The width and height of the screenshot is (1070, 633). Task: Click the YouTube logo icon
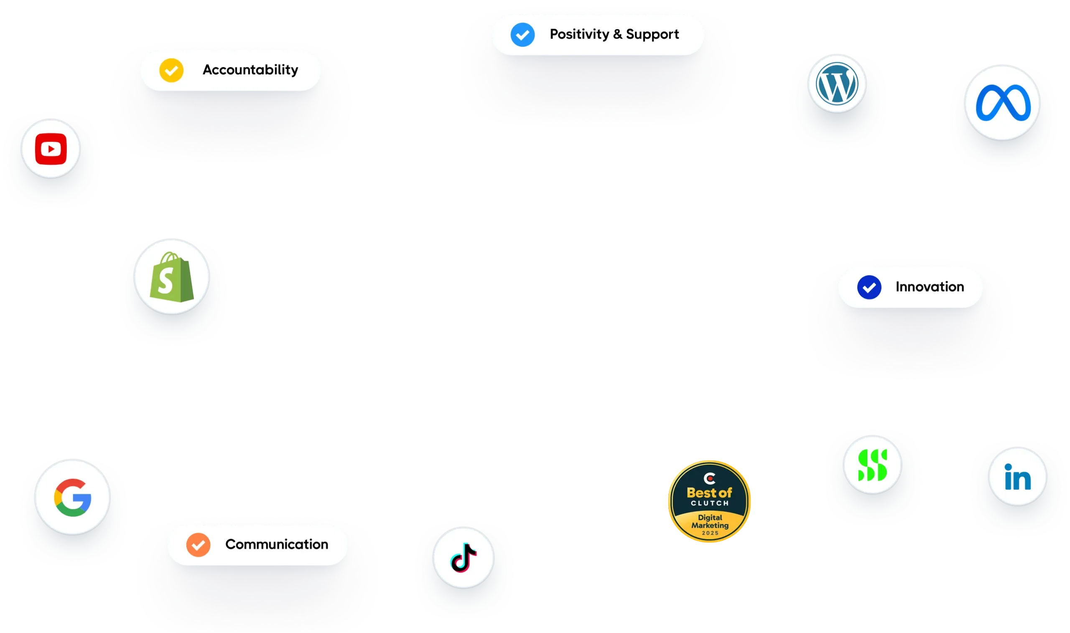51,149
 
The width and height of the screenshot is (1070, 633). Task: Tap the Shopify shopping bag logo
171,277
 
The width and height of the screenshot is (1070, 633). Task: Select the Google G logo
73,497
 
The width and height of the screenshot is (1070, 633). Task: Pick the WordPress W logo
837,84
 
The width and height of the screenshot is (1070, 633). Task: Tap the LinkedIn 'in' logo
1017,477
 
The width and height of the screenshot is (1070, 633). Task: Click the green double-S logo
872,465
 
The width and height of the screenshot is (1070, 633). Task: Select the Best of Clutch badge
709,501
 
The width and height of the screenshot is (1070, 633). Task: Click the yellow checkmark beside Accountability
171,70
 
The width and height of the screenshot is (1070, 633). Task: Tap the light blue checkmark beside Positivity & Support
522,35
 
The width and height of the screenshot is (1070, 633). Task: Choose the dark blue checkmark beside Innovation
869,287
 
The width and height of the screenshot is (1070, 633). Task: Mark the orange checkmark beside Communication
198,545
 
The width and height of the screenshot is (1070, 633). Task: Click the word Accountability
250,70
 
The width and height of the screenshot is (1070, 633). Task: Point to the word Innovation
930,287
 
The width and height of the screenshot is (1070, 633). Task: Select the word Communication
276,544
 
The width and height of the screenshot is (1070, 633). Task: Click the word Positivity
579,34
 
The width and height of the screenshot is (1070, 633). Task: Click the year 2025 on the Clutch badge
710,533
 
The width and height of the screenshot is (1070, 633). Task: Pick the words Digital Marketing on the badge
710,521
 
